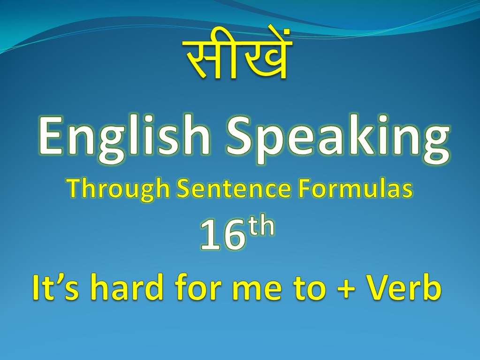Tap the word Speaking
tap(338, 139)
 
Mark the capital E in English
tap(51, 136)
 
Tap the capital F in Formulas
tap(305, 188)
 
